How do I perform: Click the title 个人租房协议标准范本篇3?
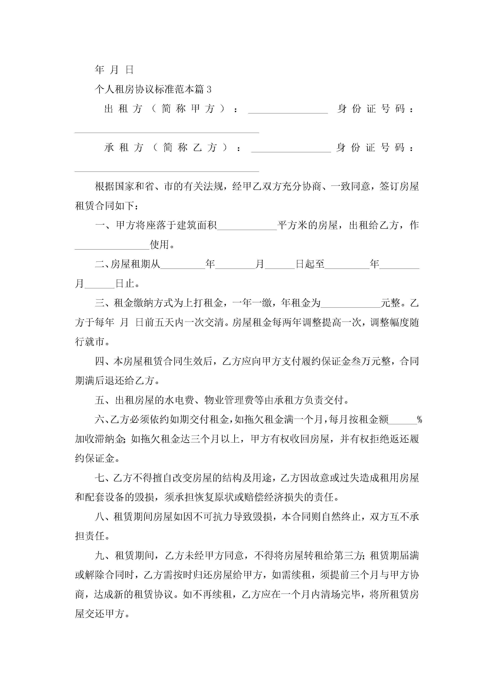(x=153, y=89)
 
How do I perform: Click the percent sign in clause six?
(x=420, y=420)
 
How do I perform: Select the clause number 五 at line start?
(x=100, y=400)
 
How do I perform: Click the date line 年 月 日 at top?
(x=114, y=70)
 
